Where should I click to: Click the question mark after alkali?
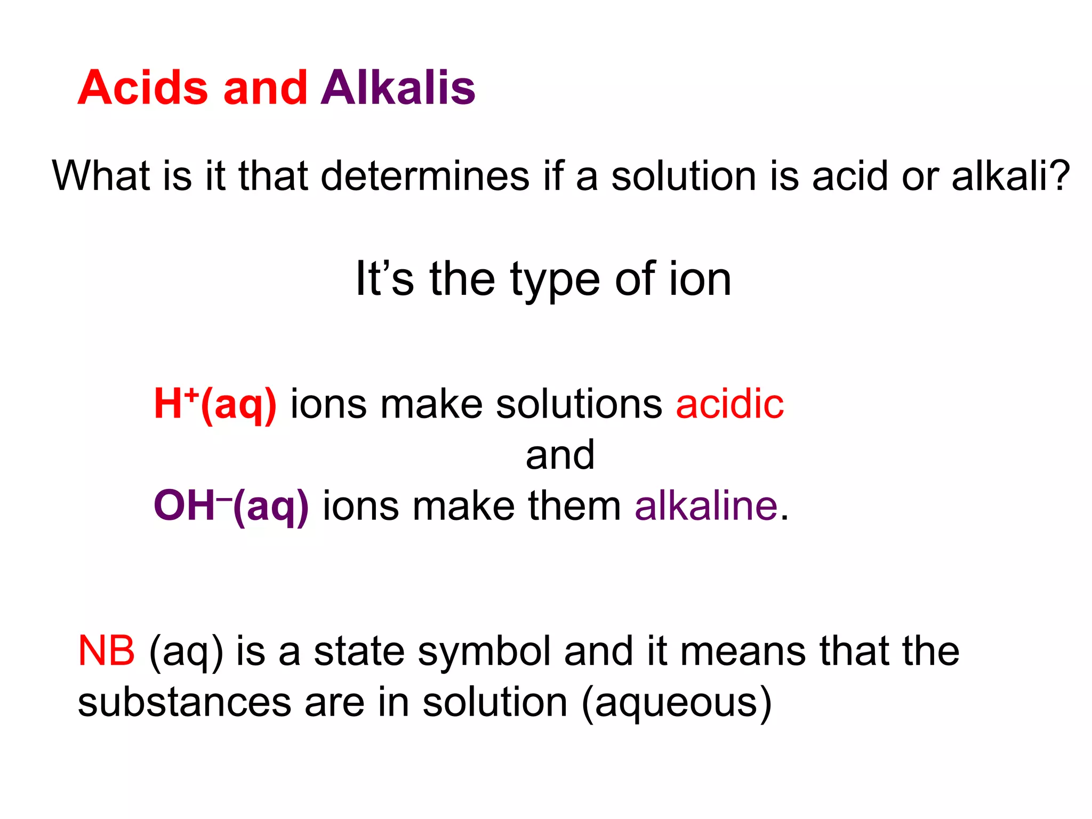(x=1058, y=176)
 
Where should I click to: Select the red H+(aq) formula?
(x=215, y=404)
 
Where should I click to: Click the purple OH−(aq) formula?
(x=231, y=505)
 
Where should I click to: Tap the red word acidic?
(x=729, y=404)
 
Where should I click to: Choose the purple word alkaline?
(x=706, y=505)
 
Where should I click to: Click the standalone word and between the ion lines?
(x=560, y=455)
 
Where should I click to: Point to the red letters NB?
(x=106, y=651)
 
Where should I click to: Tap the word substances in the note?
(x=184, y=702)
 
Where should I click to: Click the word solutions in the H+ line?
(x=579, y=404)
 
